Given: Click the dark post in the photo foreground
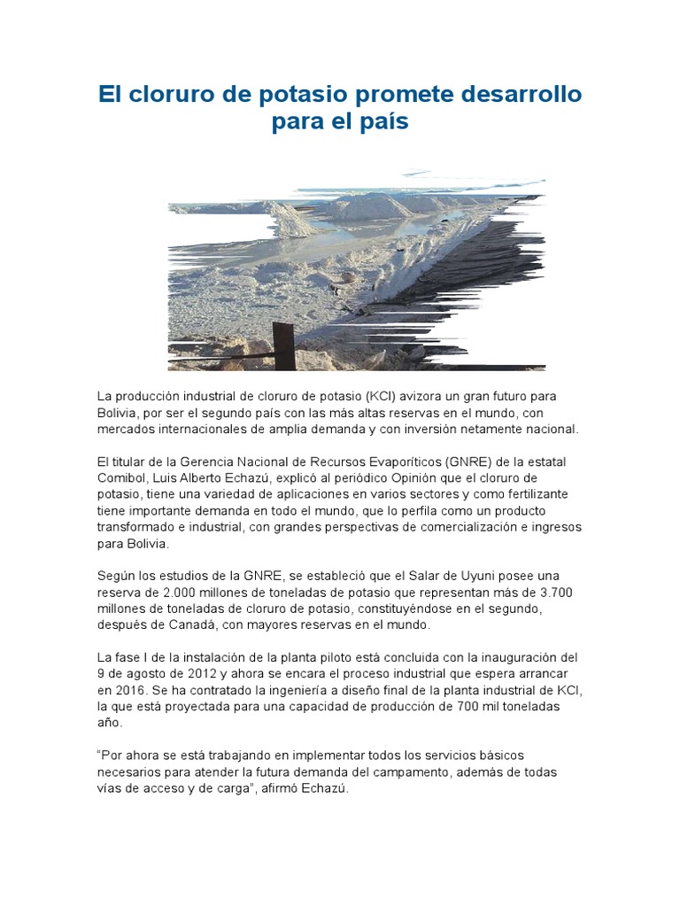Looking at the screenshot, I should [x=283, y=346].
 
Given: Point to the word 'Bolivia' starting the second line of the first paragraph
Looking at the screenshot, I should [x=118, y=413].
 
